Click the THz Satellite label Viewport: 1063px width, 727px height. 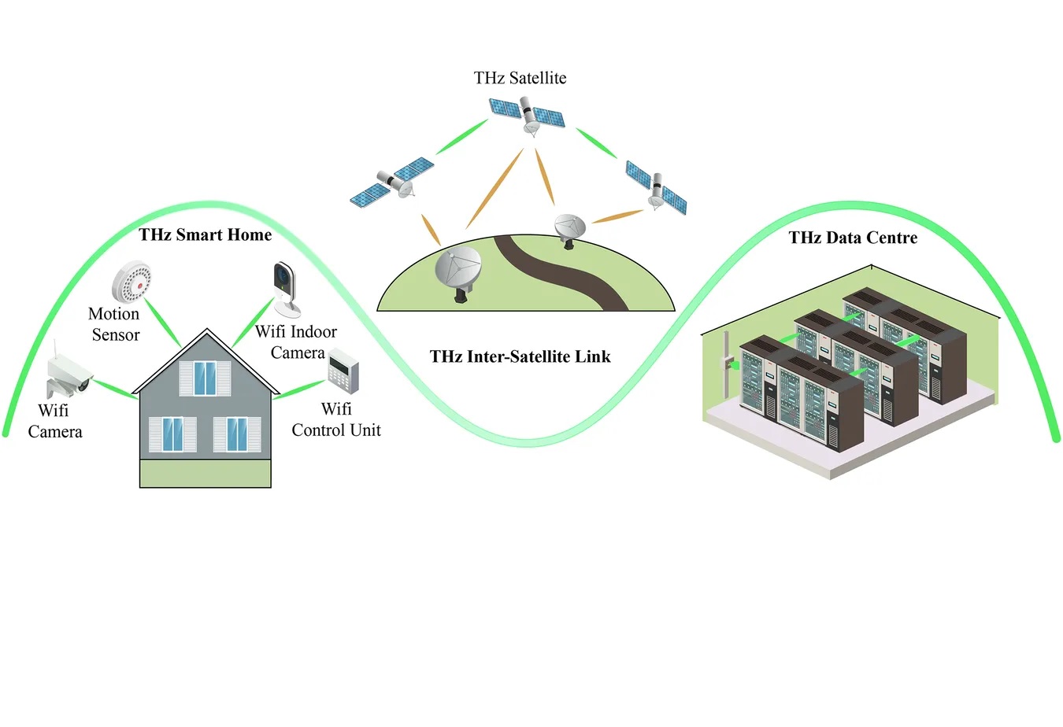click(x=520, y=78)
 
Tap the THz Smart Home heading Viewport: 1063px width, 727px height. click(x=205, y=234)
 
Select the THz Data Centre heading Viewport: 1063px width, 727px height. click(x=853, y=238)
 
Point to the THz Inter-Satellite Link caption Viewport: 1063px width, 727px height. click(x=520, y=356)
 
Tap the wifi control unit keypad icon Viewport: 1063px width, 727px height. click(x=343, y=371)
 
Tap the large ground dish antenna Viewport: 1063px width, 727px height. click(x=458, y=271)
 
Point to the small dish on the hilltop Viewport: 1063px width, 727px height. click(x=569, y=229)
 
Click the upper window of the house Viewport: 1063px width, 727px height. click(x=206, y=378)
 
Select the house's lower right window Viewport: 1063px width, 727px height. click(x=237, y=434)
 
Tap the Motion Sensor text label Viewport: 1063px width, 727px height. click(x=115, y=324)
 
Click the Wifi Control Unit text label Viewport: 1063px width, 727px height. click(x=336, y=419)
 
